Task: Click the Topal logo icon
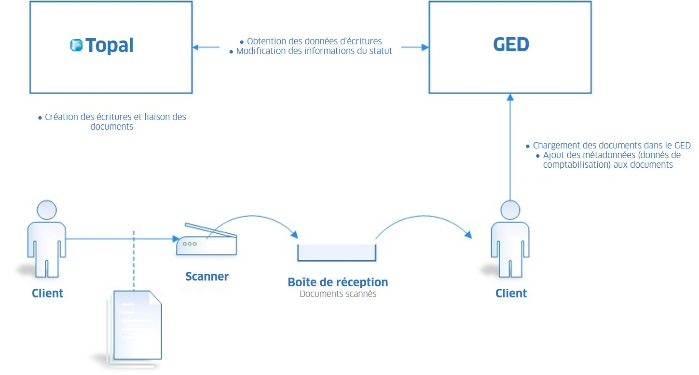click(76, 45)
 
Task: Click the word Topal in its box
click(110, 45)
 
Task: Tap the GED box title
click(511, 44)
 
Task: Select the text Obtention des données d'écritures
click(314, 41)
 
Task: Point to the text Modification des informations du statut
click(314, 51)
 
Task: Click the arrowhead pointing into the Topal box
click(196, 47)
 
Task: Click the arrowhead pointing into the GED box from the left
click(425, 47)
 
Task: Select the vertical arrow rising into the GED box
click(510, 145)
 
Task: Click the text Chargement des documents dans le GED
click(612, 146)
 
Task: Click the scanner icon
click(207, 241)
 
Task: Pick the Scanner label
click(207, 277)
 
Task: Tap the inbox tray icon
click(337, 253)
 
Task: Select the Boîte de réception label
click(338, 282)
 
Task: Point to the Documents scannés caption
click(338, 294)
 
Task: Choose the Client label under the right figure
click(511, 293)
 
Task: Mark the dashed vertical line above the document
click(134, 260)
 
